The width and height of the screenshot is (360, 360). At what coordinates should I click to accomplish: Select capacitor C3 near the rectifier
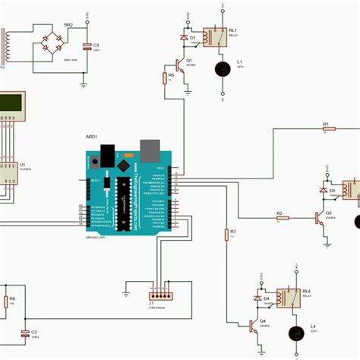pos(87,46)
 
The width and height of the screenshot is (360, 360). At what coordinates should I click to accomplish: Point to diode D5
pos(323,189)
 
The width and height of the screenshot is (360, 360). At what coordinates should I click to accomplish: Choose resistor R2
pos(281,219)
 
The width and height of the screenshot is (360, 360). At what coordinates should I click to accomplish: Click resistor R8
pos(6,302)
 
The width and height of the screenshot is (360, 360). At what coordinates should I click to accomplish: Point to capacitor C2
pos(24,333)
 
